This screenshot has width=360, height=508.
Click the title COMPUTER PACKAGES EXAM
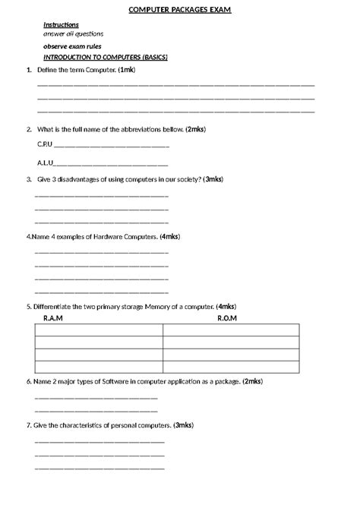[180, 9]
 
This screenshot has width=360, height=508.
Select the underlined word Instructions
[62, 25]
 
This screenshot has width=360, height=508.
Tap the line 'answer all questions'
[74, 34]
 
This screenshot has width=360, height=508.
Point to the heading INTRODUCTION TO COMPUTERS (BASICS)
[106, 58]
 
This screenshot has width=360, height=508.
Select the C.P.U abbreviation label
[45, 143]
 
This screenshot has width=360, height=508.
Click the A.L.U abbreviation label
[45, 162]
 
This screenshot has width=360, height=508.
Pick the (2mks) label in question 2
[195, 129]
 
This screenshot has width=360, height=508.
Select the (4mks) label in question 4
[170, 237]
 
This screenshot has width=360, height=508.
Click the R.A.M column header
[53, 317]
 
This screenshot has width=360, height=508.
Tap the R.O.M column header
[227, 317]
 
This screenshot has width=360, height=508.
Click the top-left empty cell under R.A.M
[99, 330]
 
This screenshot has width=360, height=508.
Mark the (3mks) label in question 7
[184, 425]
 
